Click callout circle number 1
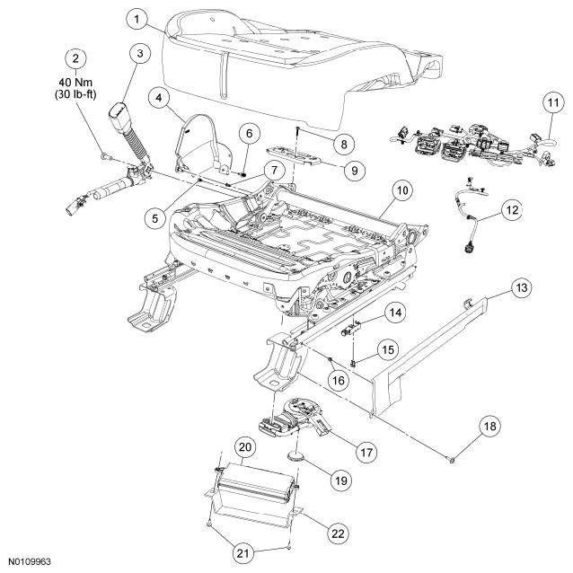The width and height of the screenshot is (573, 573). [x=137, y=19]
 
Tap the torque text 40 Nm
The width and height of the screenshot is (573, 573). [x=75, y=83]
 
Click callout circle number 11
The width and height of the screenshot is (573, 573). [x=553, y=102]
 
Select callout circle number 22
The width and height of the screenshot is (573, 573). [x=338, y=533]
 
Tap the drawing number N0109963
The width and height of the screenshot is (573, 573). [x=30, y=561]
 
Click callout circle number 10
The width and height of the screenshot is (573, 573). [x=402, y=190]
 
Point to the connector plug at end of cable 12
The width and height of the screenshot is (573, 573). [x=467, y=247]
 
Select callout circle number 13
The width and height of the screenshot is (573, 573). [x=521, y=287]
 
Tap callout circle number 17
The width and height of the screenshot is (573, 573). [x=366, y=453]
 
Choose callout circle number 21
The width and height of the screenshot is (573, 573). [x=243, y=553]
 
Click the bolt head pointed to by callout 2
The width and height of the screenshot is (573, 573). [x=104, y=157]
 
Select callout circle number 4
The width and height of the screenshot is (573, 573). [x=159, y=98]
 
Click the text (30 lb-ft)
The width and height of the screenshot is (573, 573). [x=75, y=94]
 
